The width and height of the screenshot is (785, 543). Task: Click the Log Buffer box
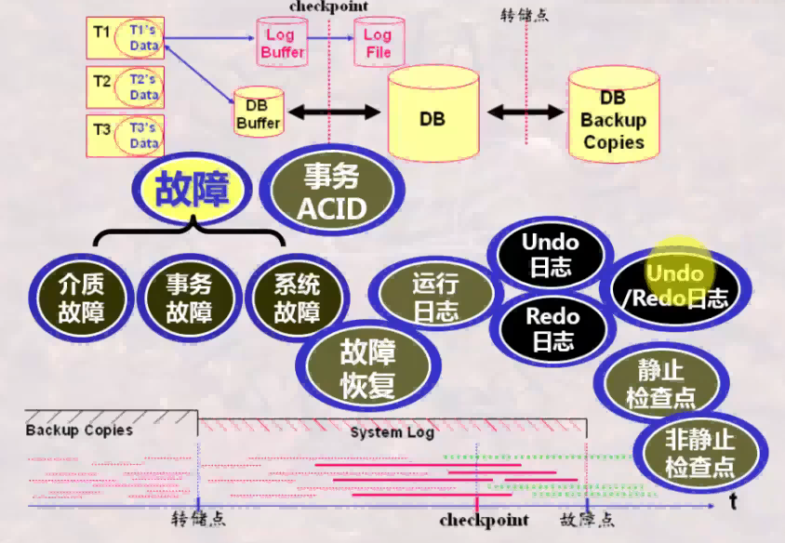281,43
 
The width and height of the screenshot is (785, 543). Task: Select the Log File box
378,43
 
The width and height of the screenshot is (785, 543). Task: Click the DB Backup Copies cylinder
613,119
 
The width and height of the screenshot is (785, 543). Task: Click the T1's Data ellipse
141,38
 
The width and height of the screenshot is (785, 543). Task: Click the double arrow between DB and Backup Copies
526,112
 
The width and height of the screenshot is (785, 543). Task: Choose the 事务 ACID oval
332,191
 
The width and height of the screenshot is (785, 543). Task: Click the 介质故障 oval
80,298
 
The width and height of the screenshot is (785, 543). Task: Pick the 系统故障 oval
297,298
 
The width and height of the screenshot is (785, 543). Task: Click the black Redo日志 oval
552,329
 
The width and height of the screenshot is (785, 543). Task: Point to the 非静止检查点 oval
700,453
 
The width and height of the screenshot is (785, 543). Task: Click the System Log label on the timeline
392,432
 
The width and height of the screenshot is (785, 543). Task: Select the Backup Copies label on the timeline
79,430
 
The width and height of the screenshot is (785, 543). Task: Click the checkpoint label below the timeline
484,520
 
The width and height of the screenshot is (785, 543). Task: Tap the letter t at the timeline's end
733,503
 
